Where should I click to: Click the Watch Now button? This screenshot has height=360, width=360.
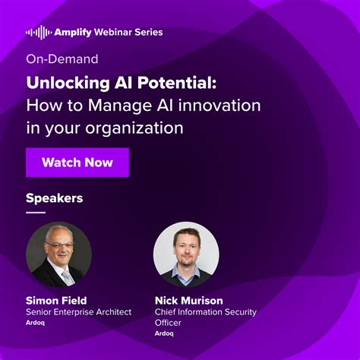click(77, 163)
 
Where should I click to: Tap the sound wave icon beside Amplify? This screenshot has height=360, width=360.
click(38, 33)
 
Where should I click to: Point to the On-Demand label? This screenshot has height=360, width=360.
click(62, 58)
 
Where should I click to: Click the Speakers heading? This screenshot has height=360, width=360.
click(55, 199)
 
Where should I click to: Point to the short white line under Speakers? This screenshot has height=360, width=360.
click(36, 213)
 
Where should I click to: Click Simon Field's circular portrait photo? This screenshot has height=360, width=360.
click(58, 254)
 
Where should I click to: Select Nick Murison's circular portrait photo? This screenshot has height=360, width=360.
click(186, 254)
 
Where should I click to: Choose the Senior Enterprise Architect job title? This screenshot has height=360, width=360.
click(79, 311)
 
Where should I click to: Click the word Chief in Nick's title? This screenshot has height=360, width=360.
click(167, 311)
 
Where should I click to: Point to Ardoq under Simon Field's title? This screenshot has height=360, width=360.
click(35, 322)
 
